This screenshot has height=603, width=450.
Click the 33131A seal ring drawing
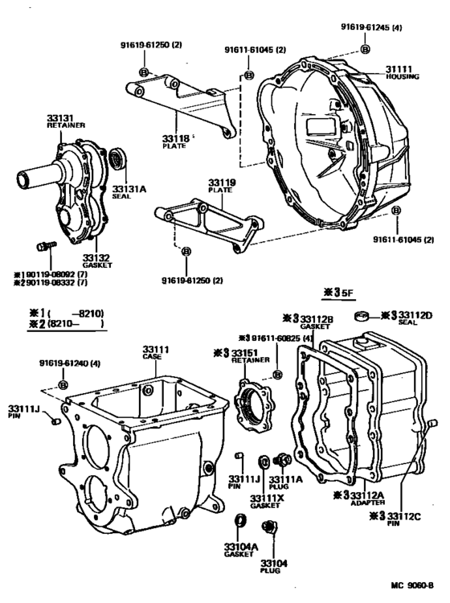[119, 159]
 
